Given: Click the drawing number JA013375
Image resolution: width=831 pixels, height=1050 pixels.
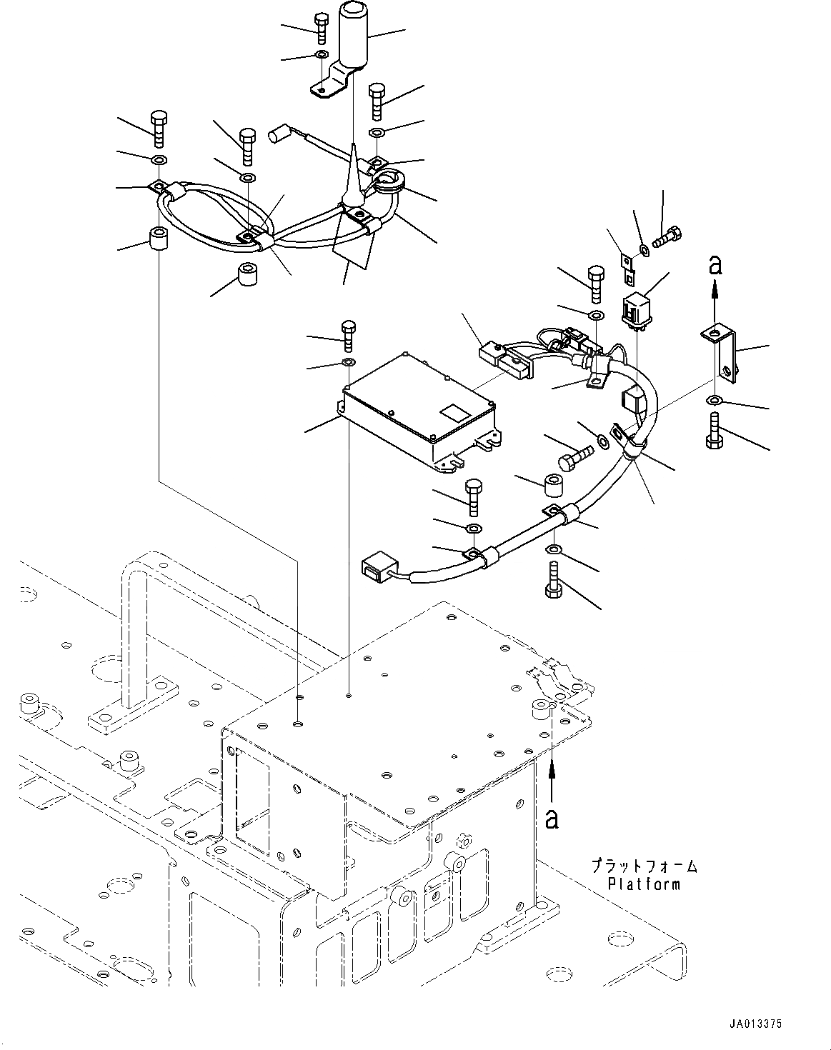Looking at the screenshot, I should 756,1024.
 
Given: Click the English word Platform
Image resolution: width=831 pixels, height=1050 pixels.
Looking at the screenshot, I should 644,884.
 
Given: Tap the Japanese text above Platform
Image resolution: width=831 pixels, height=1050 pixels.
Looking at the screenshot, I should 643,866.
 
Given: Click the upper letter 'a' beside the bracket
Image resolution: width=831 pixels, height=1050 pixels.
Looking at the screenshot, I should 715,266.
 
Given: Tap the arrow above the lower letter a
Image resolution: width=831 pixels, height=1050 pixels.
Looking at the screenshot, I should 552,779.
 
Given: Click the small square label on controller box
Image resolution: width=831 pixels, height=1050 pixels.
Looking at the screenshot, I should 453,412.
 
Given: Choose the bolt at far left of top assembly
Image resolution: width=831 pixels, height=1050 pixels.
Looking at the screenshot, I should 159,126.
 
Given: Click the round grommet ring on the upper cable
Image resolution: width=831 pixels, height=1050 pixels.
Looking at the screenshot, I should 387,182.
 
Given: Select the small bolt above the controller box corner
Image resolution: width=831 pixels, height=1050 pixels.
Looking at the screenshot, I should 349,336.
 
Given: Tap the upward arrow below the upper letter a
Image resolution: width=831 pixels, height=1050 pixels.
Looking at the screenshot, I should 715,296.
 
